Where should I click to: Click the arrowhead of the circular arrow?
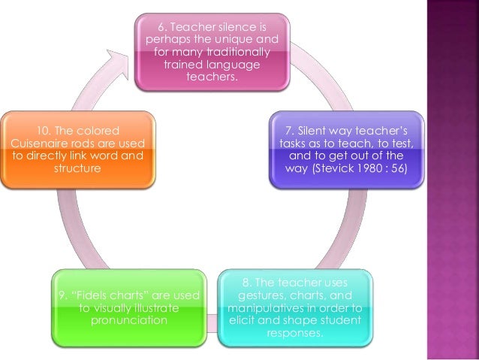point(119,62)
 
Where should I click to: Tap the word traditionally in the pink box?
point(235,51)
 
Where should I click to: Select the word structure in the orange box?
point(77,168)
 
